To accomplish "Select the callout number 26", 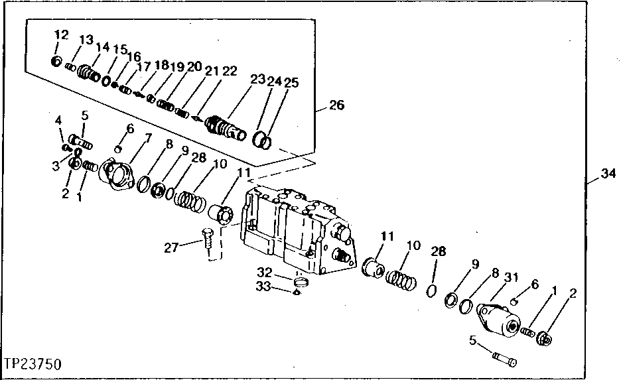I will coord(337,105).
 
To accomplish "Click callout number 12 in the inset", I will coord(61,34).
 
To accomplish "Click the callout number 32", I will coord(265,272).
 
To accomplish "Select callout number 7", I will coord(147,137).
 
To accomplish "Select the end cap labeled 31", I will coord(502,322).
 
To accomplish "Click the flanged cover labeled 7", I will coord(118,174).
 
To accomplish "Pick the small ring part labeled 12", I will coord(57,62).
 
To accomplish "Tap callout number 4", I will coord(58,120).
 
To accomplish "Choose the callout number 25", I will coord(291,83).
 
